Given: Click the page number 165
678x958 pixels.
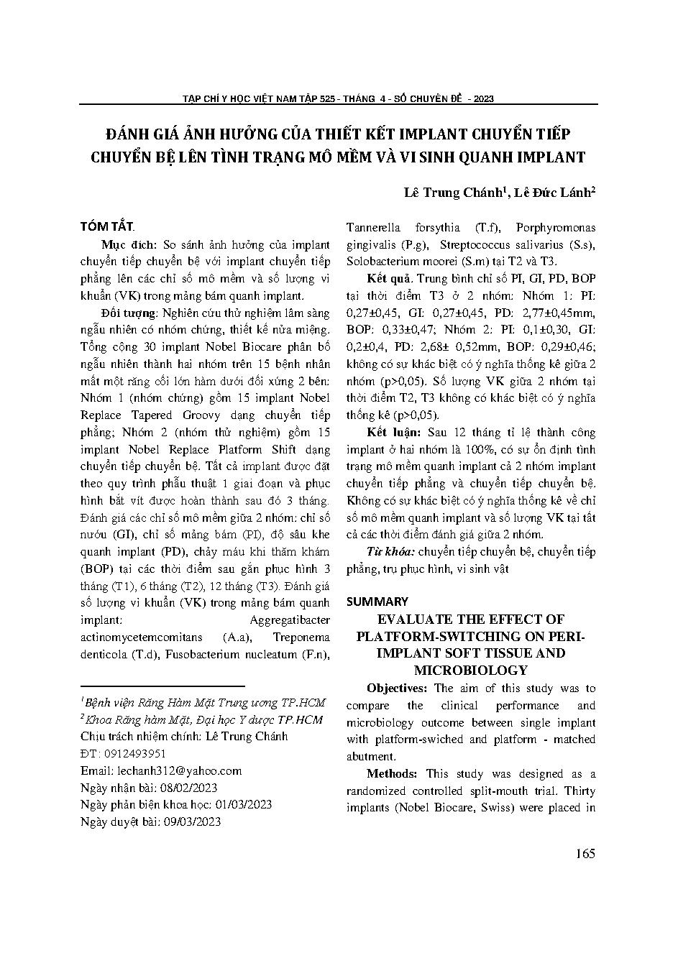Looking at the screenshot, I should tap(585, 854).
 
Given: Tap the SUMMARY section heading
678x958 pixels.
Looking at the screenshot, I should tap(377, 601).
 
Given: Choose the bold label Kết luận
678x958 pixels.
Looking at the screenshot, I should tap(393, 432).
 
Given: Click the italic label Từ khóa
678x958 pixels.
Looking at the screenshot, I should tap(390, 552).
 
